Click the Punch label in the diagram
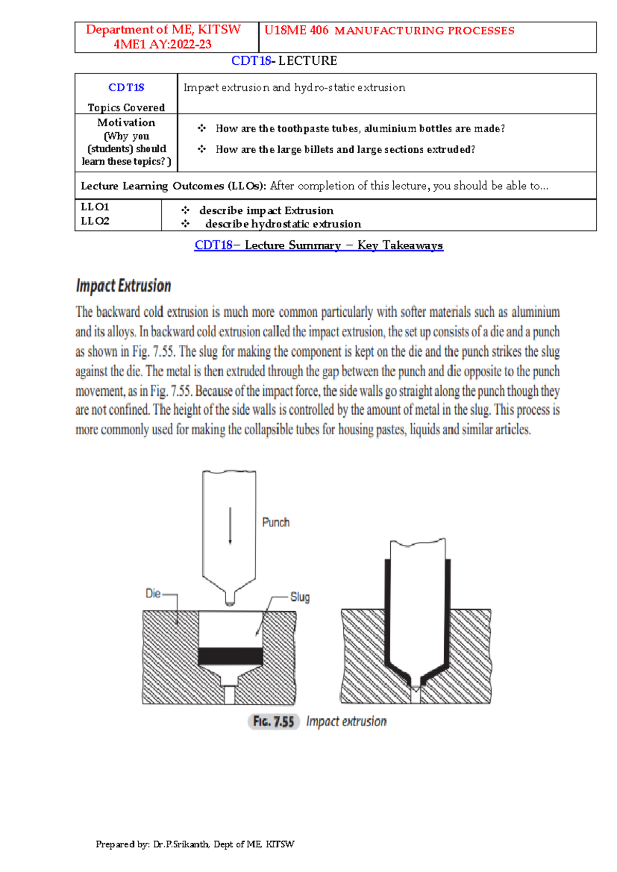click(x=276, y=522)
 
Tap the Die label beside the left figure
click(x=153, y=593)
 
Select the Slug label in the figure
click(x=300, y=597)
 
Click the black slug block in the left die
click(x=230, y=656)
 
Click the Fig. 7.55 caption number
click(x=274, y=721)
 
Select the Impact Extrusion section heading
click(x=123, y=286)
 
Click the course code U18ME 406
click(x=296, y=30)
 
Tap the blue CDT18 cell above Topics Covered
click(x=126, y=87)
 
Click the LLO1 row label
click(x=95, y=207)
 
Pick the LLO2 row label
click(x=95, y=221)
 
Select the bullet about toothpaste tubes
click(x=360, y=129)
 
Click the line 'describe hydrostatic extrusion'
click(x=283, y=224)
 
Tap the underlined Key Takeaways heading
click(x=319, y=245)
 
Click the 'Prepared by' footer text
click(x=195, y=844)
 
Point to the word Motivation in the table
click(x=126, y=122)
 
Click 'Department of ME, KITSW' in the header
click(x=163, y=30)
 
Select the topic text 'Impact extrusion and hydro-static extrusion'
click(x=294, y=87)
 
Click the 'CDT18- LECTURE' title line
click(x=284, y=61)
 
